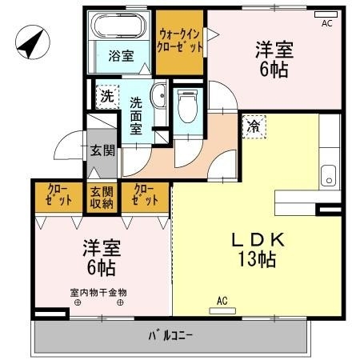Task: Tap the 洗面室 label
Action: point(136,115)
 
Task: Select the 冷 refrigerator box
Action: point(254,126)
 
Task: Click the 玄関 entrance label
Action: point(100,150)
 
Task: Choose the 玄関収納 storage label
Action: point(102,197)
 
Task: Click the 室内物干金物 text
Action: point(99,293)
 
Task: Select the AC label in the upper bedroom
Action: point(326,24)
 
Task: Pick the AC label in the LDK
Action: point(222,301)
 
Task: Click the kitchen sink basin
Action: point(328,174)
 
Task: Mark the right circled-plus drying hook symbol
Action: point(121,302)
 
